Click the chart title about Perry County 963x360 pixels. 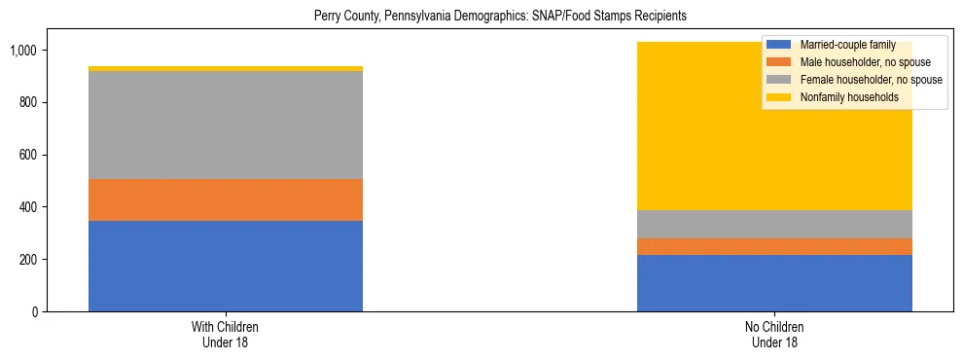click(x=500, y=17)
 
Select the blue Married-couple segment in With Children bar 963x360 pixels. click(x=226, y=266)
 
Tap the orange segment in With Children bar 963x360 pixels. click(x=226, y=199)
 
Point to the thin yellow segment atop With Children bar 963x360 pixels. click(x=226, y=69)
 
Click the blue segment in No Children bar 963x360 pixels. click(x=774, y=283)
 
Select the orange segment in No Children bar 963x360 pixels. click(x=774, y=247)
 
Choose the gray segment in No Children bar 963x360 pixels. click(x=774, y=225)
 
